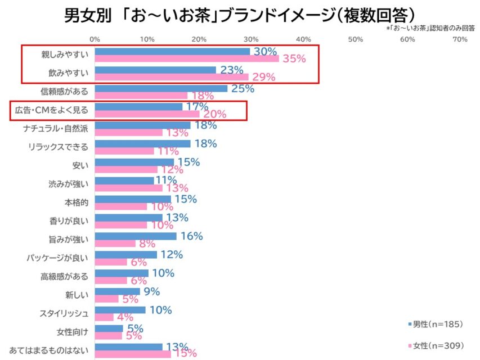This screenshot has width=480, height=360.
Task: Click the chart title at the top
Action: coord(240,13)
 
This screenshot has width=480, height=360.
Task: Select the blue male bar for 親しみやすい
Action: coord(172,52)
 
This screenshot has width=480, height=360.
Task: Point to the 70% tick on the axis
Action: coord(460,39)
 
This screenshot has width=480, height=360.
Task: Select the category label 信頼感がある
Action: coord(65,91)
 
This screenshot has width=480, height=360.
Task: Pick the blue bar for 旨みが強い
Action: coord(136,236)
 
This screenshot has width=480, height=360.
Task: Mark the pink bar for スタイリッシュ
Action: coord(104,317)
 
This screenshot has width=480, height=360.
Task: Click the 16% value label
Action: coord(191,236)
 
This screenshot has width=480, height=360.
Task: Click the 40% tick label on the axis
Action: coord(303,39)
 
